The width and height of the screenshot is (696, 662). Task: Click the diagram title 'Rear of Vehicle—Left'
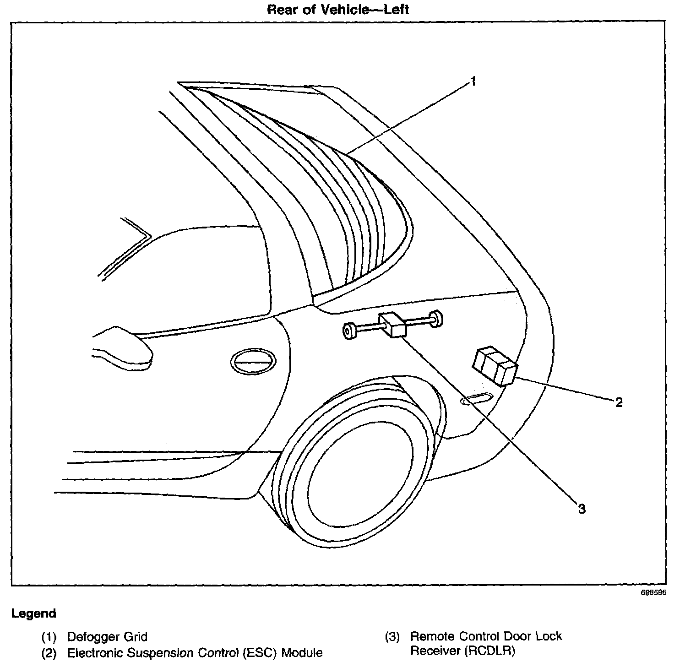(338, 10)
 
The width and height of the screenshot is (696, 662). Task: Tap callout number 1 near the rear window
(473, 81)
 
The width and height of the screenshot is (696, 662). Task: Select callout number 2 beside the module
(619, 402)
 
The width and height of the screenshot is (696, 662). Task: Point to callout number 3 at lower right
(582, 509)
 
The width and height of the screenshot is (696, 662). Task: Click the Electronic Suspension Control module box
(495, 366)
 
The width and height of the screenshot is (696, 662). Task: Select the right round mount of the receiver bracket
(436, 319)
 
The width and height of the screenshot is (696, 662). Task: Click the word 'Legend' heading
(34, 613)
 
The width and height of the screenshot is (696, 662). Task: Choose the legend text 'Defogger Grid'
(107, 636)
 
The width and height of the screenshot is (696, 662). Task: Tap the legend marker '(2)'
(49, 653)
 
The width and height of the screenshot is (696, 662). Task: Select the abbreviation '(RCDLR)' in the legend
(489, 651)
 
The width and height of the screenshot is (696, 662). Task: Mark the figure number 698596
(653, 592)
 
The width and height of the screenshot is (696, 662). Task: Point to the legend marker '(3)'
(392, 636)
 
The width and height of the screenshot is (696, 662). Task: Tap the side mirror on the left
(123, 346)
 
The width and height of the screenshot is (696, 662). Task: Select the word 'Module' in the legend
(302, 653)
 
